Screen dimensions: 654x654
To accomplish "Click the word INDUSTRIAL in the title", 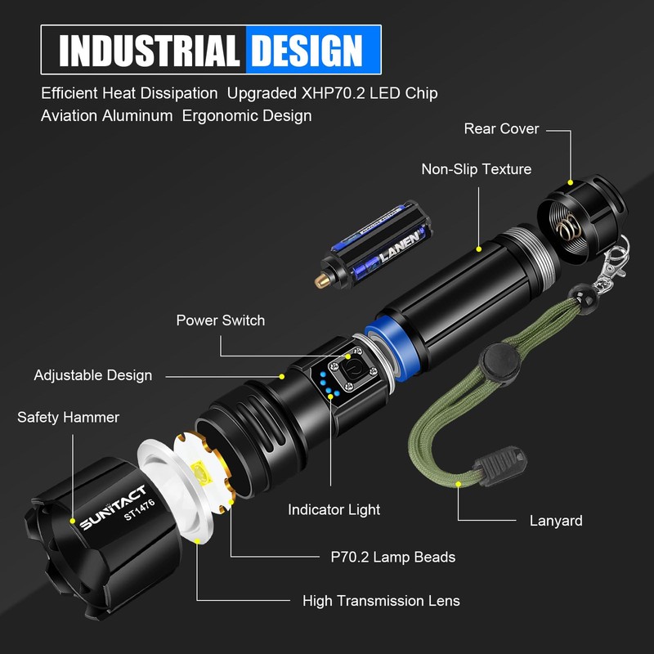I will pyautogui.click(x=150, y=50).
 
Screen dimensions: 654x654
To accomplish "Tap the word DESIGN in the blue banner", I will pyautogui.click(x=306, y=50).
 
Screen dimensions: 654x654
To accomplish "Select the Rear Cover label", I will pyautogui.click(x=501, y=128).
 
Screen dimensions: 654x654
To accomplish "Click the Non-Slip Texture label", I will pyautogui.click(x=476, y=169).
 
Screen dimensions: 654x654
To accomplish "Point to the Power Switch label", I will pyautogui.click(x=221, y=320).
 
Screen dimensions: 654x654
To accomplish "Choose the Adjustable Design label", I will pyautogui.click(x=93, y=375).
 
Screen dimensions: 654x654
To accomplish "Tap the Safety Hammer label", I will pyautogui.click(x=68, y=418).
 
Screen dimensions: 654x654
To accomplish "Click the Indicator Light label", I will pyautogui.click(x=334, y=509).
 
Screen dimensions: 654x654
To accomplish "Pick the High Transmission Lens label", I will pyautogui.click(x=381, y=601).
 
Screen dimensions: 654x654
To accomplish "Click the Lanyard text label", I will pyautogui.click(x=556, y=520).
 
